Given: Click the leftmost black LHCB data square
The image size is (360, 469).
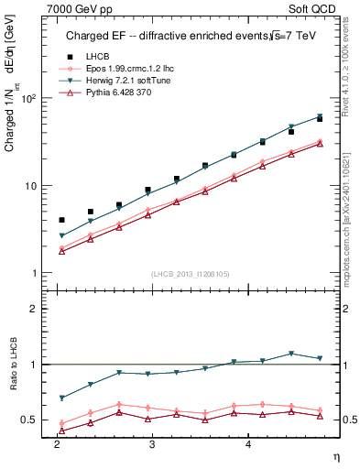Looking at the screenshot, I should point(61,220).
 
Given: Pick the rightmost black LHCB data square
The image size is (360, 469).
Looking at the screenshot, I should point(320,119).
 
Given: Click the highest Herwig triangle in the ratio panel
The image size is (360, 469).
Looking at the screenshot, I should point(291,353).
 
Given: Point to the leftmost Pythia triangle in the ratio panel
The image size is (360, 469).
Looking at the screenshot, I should point(61,430).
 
